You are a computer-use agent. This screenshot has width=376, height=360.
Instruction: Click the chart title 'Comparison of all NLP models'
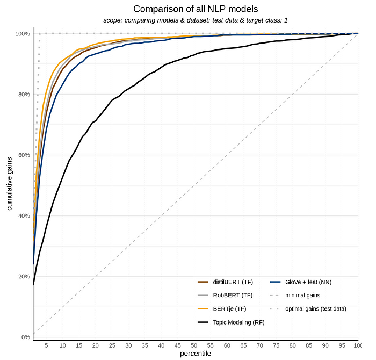pos(196,9)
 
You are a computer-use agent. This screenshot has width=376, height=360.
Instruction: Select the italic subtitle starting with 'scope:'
pos(196,20)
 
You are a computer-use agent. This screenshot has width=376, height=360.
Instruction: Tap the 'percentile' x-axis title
pos(196,354)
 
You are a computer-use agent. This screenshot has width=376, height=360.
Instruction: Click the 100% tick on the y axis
pos(23,34)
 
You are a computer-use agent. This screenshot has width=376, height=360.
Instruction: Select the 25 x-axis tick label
pos(112,345)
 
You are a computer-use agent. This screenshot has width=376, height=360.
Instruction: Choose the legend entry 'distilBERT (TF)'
pos(233,282)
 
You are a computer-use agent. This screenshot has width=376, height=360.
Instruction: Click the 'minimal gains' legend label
pos(302,296)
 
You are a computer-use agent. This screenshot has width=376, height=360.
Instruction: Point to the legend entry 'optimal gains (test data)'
pos(315,309)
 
